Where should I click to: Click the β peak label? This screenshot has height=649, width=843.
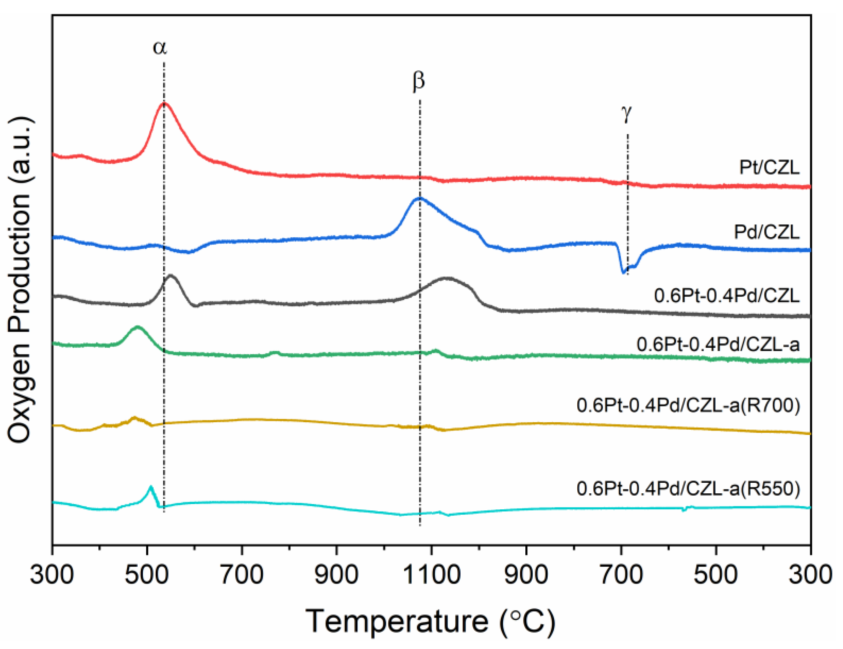(418, 81)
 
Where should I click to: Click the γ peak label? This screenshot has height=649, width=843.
(627, 114)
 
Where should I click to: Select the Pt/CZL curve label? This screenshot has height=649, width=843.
(769, 167)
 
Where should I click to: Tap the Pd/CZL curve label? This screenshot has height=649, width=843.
(766, 232)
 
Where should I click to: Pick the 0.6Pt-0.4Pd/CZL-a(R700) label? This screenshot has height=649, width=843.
(688, 406)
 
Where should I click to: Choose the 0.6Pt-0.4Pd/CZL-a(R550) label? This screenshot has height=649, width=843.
(688, 489)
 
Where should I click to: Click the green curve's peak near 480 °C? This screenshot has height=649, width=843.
(137, 327)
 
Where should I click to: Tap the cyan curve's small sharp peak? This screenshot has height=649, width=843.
(151, 487)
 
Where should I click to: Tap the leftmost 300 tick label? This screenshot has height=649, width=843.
(52, 574)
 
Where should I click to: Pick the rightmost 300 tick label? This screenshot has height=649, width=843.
(810, 574)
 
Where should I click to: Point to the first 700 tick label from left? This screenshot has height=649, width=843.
(242, 574)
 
